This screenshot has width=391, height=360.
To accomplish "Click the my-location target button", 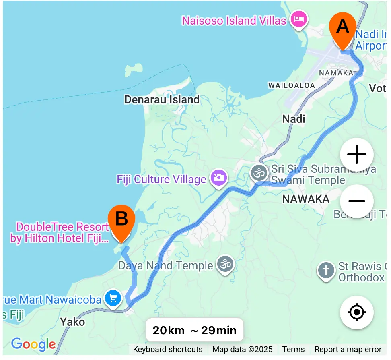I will [356, 312].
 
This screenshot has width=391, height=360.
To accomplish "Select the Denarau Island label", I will [162, 99].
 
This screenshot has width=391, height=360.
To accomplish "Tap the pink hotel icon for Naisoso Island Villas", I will [298, 19].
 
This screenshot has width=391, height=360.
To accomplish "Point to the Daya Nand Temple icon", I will [225, 264].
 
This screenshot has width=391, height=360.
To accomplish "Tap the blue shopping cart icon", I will [113, 298].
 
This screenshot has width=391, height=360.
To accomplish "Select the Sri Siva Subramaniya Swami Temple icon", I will [259, 173].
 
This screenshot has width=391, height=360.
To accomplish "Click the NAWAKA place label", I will [306, 199].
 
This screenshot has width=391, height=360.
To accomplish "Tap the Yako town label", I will [72, 322].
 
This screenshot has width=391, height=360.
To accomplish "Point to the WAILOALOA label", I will [286, 85].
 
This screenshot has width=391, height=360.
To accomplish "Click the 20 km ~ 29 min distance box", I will [195, 331].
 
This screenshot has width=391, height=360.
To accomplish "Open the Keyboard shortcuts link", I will [168, 349].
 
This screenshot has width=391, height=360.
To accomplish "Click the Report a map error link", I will [348, 349].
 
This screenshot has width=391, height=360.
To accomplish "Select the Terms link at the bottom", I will [293, 349].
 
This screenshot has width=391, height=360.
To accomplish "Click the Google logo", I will [33, 344].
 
